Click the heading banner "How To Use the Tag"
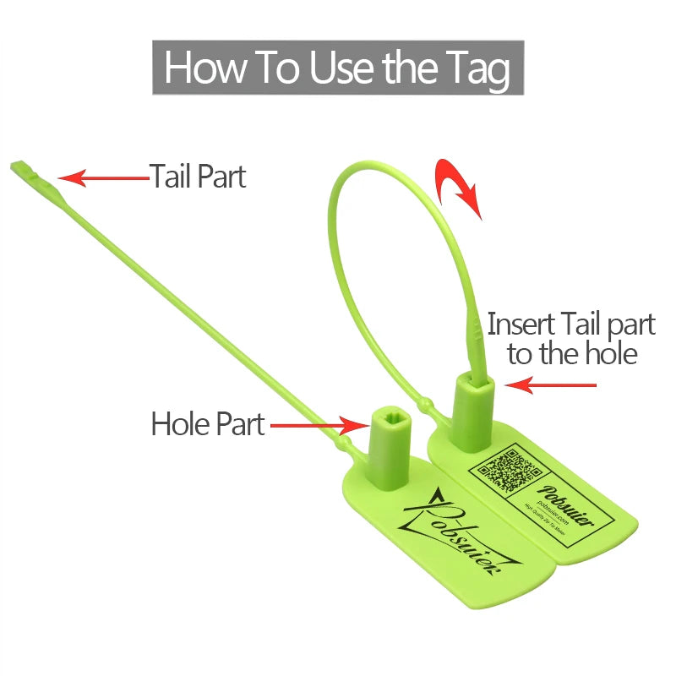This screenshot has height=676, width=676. (x=338, y=67)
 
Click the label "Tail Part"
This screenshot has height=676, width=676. (x=198, y=176)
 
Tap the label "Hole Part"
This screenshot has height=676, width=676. (x=207, y=423)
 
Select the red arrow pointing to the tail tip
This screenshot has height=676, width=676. (x=101, y=177)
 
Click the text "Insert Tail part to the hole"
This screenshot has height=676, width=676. (x=571, y=338)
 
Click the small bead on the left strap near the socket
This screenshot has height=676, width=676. (x=346, y=442)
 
